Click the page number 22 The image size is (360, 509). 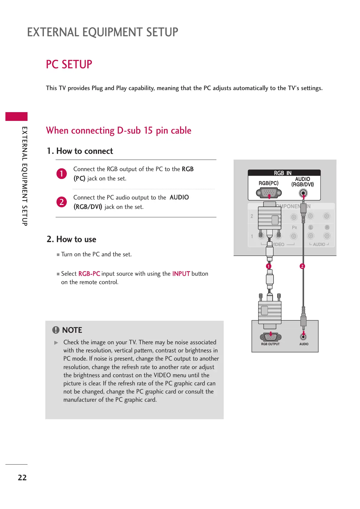pyautogui.click(x=22, y=478)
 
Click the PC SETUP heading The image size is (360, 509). pyautogui.click(x=69, y=64)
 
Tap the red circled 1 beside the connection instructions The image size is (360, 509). pyautogui.click(x=62, y=173)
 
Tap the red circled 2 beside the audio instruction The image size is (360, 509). pyautogui.click(x=62, y=202)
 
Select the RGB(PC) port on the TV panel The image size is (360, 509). pyautogui.click(x=269, y=193)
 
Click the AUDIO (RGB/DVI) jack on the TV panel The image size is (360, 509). pyautogui.click(x=303, y=193)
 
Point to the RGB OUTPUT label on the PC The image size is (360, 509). pyautogui.click(x=270, y=344)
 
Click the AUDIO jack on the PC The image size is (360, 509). pyautogui.click(x=303, y=336)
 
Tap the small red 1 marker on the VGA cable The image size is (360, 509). pyautogui.click(x=268, y=266)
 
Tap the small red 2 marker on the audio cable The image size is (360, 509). pyautogui.click(x=302, y=266)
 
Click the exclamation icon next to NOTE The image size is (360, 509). pyautogui.click(x=56, y=330)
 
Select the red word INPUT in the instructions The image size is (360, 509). pyautogui.click(x=181, y=274)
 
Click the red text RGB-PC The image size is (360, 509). pyautogui.click(x=89, y=274)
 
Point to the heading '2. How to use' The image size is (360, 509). pyautogui.click(x=71, y=239)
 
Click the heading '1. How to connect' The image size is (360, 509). pyautogui.click(x=80, y=151)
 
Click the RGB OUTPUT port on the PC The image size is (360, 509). pyautogui.click(x=271, y=336)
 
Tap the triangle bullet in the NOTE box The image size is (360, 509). pyautogui.click(x=56, y=343)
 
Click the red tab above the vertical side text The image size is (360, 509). pyautogui.click(x=16, y=116)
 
